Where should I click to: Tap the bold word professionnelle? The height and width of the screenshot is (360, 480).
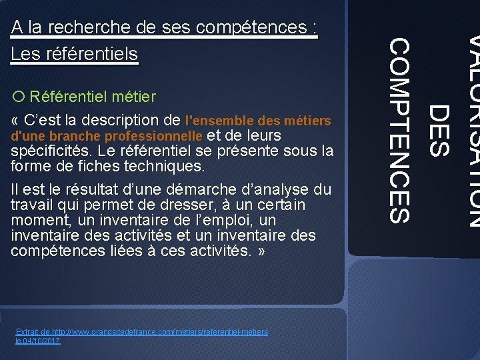tap(145, 136)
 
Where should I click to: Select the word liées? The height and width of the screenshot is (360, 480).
tap(121, 251)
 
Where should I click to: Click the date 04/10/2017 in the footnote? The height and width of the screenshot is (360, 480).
tap(42, 341)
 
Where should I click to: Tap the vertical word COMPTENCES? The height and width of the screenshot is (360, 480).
tap(399, 130)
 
